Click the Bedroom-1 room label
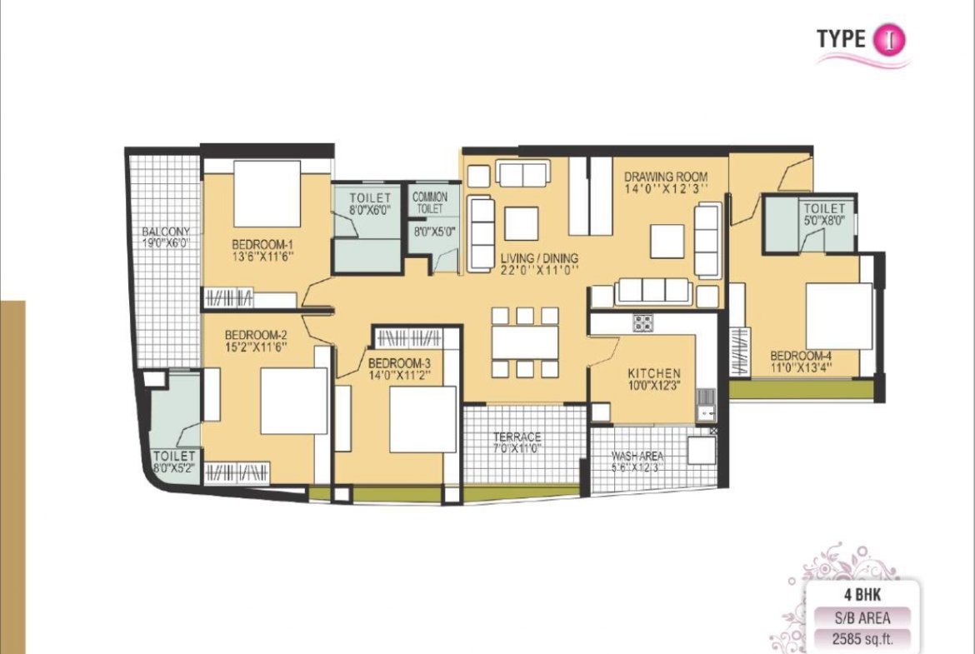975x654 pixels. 262,244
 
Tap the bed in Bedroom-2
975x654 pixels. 293,401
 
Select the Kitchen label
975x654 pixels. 654,373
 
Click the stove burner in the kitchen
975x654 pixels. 643,322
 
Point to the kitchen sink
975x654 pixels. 706,405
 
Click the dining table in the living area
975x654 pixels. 525,342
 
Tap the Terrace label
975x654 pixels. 517,437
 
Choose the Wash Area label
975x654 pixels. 637,456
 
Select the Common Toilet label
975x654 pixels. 430,202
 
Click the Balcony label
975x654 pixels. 165,232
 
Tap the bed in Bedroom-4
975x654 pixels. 839,316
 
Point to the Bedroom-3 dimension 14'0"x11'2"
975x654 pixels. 399,376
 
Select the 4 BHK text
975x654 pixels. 862,594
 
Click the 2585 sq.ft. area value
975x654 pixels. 862,638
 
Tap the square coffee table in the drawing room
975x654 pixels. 667,241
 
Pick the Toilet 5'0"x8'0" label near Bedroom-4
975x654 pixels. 824,214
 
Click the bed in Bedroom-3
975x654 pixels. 422,419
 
